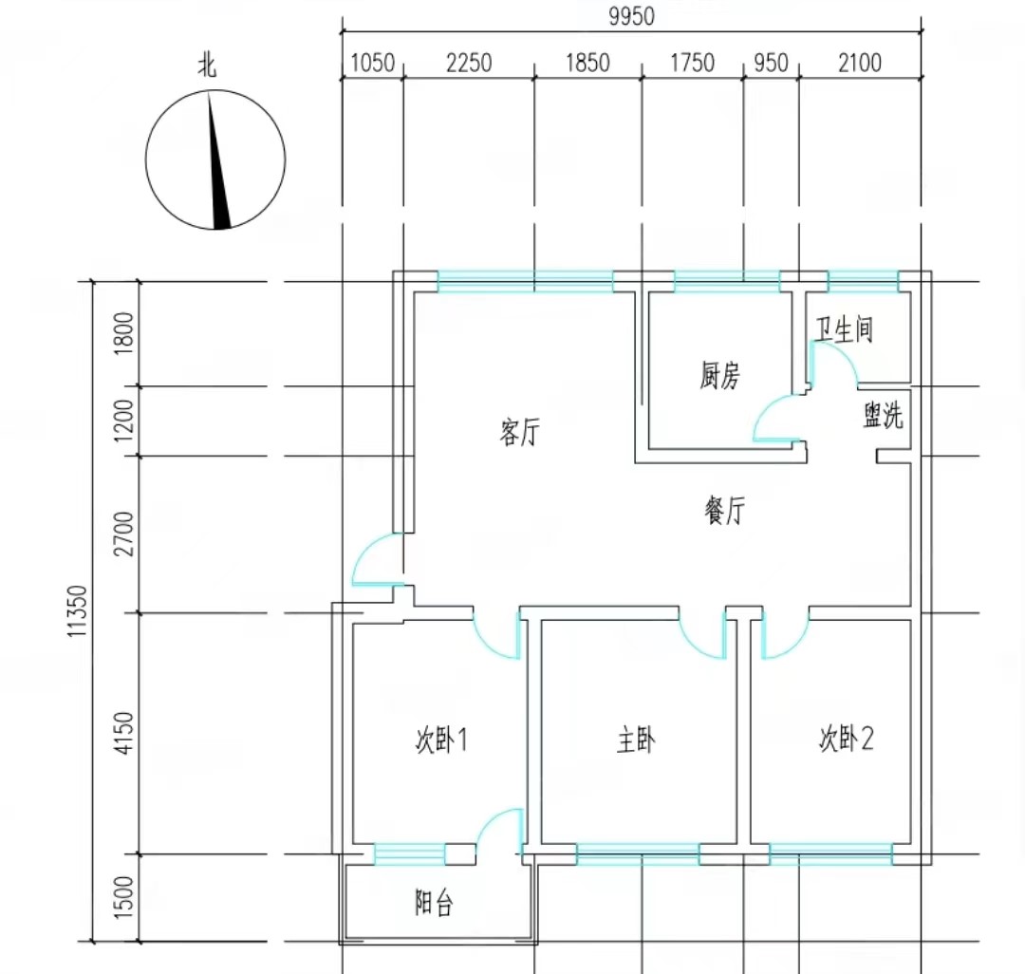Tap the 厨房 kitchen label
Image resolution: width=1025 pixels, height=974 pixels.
719,377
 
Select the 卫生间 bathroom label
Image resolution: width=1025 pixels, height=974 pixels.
844,329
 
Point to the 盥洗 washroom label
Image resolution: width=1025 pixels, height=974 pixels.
883,417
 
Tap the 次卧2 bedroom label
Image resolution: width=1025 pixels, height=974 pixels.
846,740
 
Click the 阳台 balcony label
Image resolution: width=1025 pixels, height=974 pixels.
434,903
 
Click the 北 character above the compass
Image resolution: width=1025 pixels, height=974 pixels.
207,66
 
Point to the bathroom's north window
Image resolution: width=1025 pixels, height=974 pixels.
863,281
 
